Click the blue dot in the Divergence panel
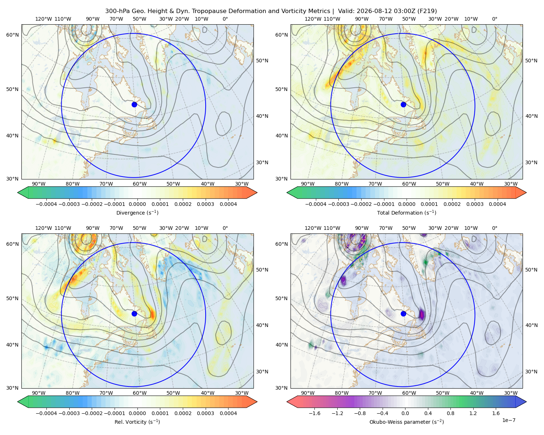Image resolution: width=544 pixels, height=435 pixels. coord(134,104)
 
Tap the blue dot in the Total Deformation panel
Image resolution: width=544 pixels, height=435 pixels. coord(403,104)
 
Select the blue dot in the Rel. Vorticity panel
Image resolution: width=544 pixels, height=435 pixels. coord(134,314)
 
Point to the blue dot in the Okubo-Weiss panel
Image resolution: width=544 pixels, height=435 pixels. coord(403,314)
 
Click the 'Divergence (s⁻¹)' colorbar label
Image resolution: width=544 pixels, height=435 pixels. coord(137,212)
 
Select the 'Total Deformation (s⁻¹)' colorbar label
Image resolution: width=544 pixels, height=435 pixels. coord(407,212)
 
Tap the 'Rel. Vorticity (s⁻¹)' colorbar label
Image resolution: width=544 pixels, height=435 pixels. coord(137,422)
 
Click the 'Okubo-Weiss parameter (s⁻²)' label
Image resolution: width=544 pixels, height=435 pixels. coord(407,422)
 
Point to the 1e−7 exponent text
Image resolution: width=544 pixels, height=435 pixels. coord(508,420)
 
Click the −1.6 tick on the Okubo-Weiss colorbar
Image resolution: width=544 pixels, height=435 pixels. coord(314,413)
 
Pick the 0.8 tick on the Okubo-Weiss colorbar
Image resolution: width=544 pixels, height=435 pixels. coord(450,413)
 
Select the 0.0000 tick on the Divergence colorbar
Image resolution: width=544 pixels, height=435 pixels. coord(137,204)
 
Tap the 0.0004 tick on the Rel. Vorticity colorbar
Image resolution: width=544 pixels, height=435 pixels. coord(228,413)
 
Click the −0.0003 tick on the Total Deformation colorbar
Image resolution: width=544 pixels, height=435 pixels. coord(338,204)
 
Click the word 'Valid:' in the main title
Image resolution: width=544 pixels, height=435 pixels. coord(346,11)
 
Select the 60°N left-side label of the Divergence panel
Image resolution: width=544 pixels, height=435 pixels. coord(12,35)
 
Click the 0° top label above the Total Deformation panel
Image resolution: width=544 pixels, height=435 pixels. coord(494,19)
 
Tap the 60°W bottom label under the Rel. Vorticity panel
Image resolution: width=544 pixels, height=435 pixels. coord(140,393)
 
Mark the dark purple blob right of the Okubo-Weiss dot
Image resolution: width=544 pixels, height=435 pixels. coord(422,314)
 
